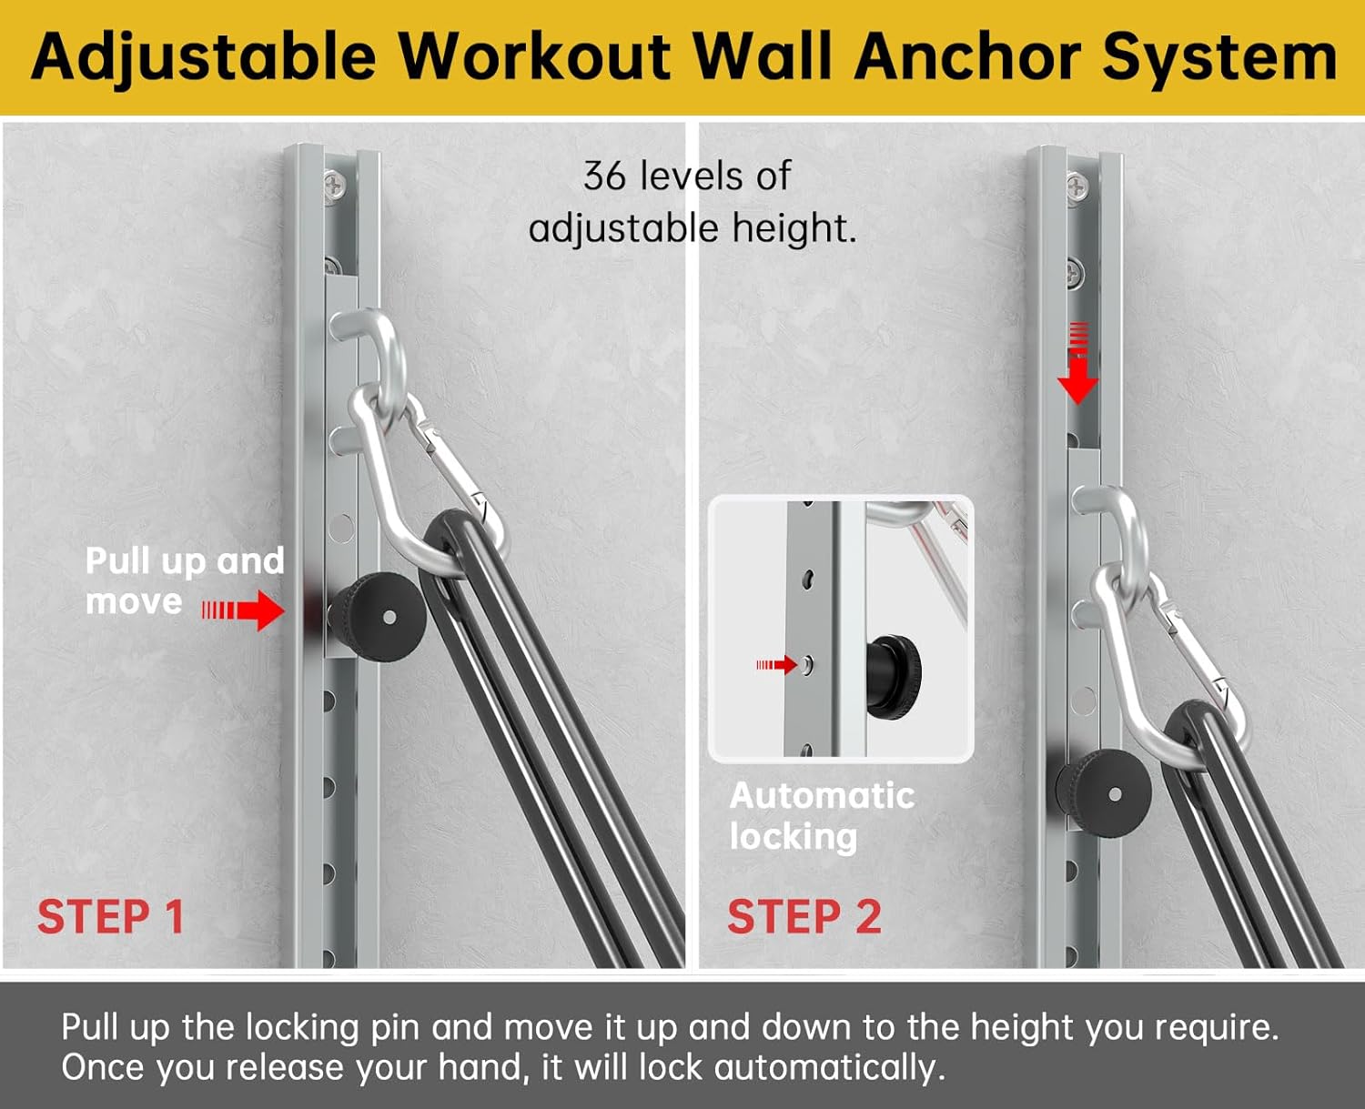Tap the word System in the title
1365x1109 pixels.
1219,56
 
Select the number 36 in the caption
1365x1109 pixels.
605,176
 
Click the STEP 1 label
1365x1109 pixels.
110,916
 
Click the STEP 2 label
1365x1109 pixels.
804,916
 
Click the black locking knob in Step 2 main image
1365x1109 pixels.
1104,793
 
